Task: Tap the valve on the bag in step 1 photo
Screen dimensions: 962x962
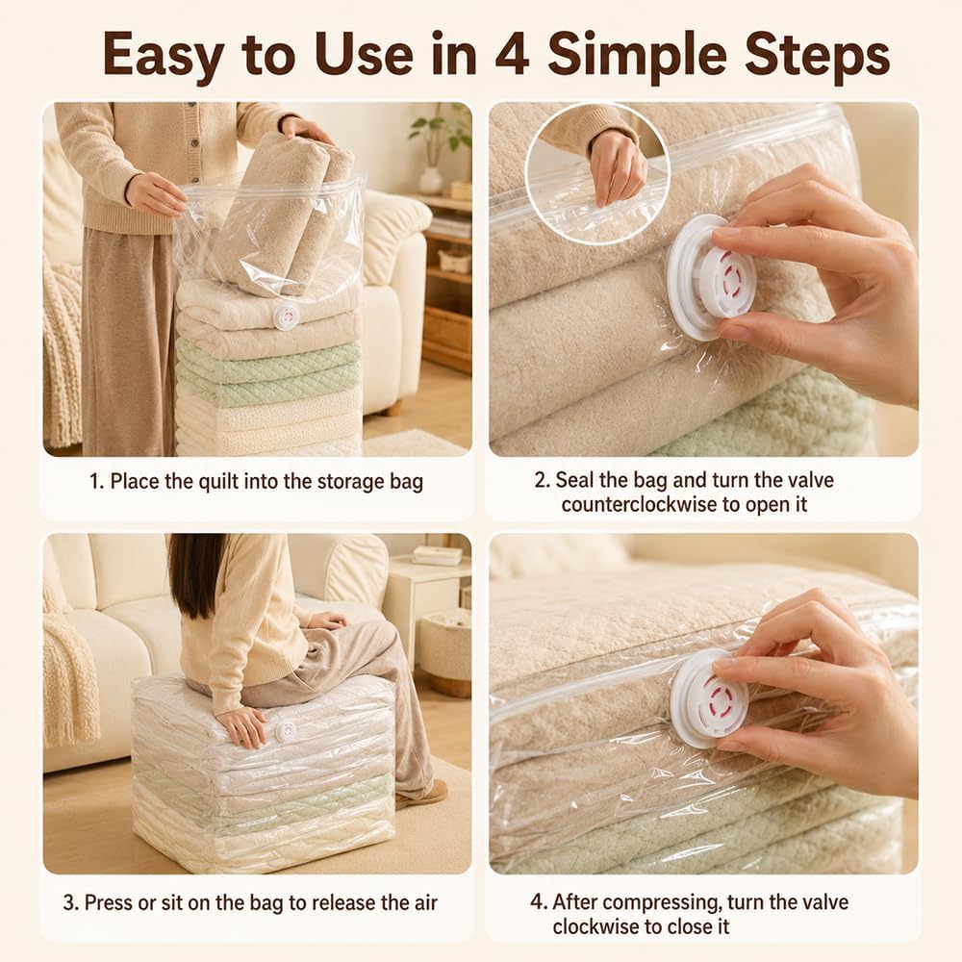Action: (286, 316)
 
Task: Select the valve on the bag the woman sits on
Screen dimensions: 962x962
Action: (286, 731)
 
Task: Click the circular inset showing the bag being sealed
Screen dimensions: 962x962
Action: (597, 172)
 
